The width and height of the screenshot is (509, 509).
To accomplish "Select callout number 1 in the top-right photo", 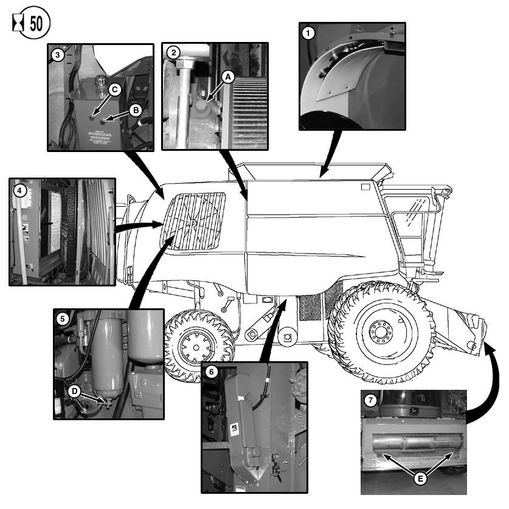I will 309,33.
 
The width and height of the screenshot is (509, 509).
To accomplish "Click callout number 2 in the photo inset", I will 174,52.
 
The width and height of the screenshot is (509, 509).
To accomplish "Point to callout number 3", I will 58,55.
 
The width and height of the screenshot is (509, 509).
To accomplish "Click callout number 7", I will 372,401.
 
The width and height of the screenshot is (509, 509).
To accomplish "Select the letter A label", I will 227,77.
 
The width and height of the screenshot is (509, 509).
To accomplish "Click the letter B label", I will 136,109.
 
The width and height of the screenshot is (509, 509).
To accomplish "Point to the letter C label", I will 115,89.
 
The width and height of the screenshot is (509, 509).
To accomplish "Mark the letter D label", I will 75,390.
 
